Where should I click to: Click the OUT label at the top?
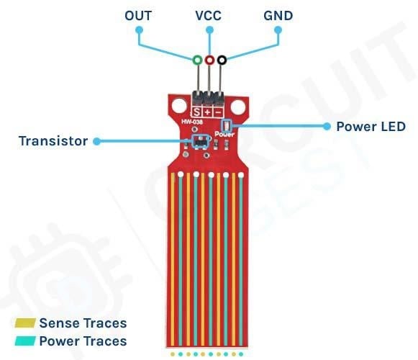click(x=139, y=15)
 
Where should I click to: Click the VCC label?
click(x=209, y=15)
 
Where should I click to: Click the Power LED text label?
click(x=371, y=126)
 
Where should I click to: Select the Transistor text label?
click(x=53, y=141)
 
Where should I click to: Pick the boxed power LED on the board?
click(x=227, y=126)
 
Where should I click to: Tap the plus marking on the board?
click(x=207, y=112)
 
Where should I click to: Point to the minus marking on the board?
click(x=218, y=112)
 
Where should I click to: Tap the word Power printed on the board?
click(x=225, y=137)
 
